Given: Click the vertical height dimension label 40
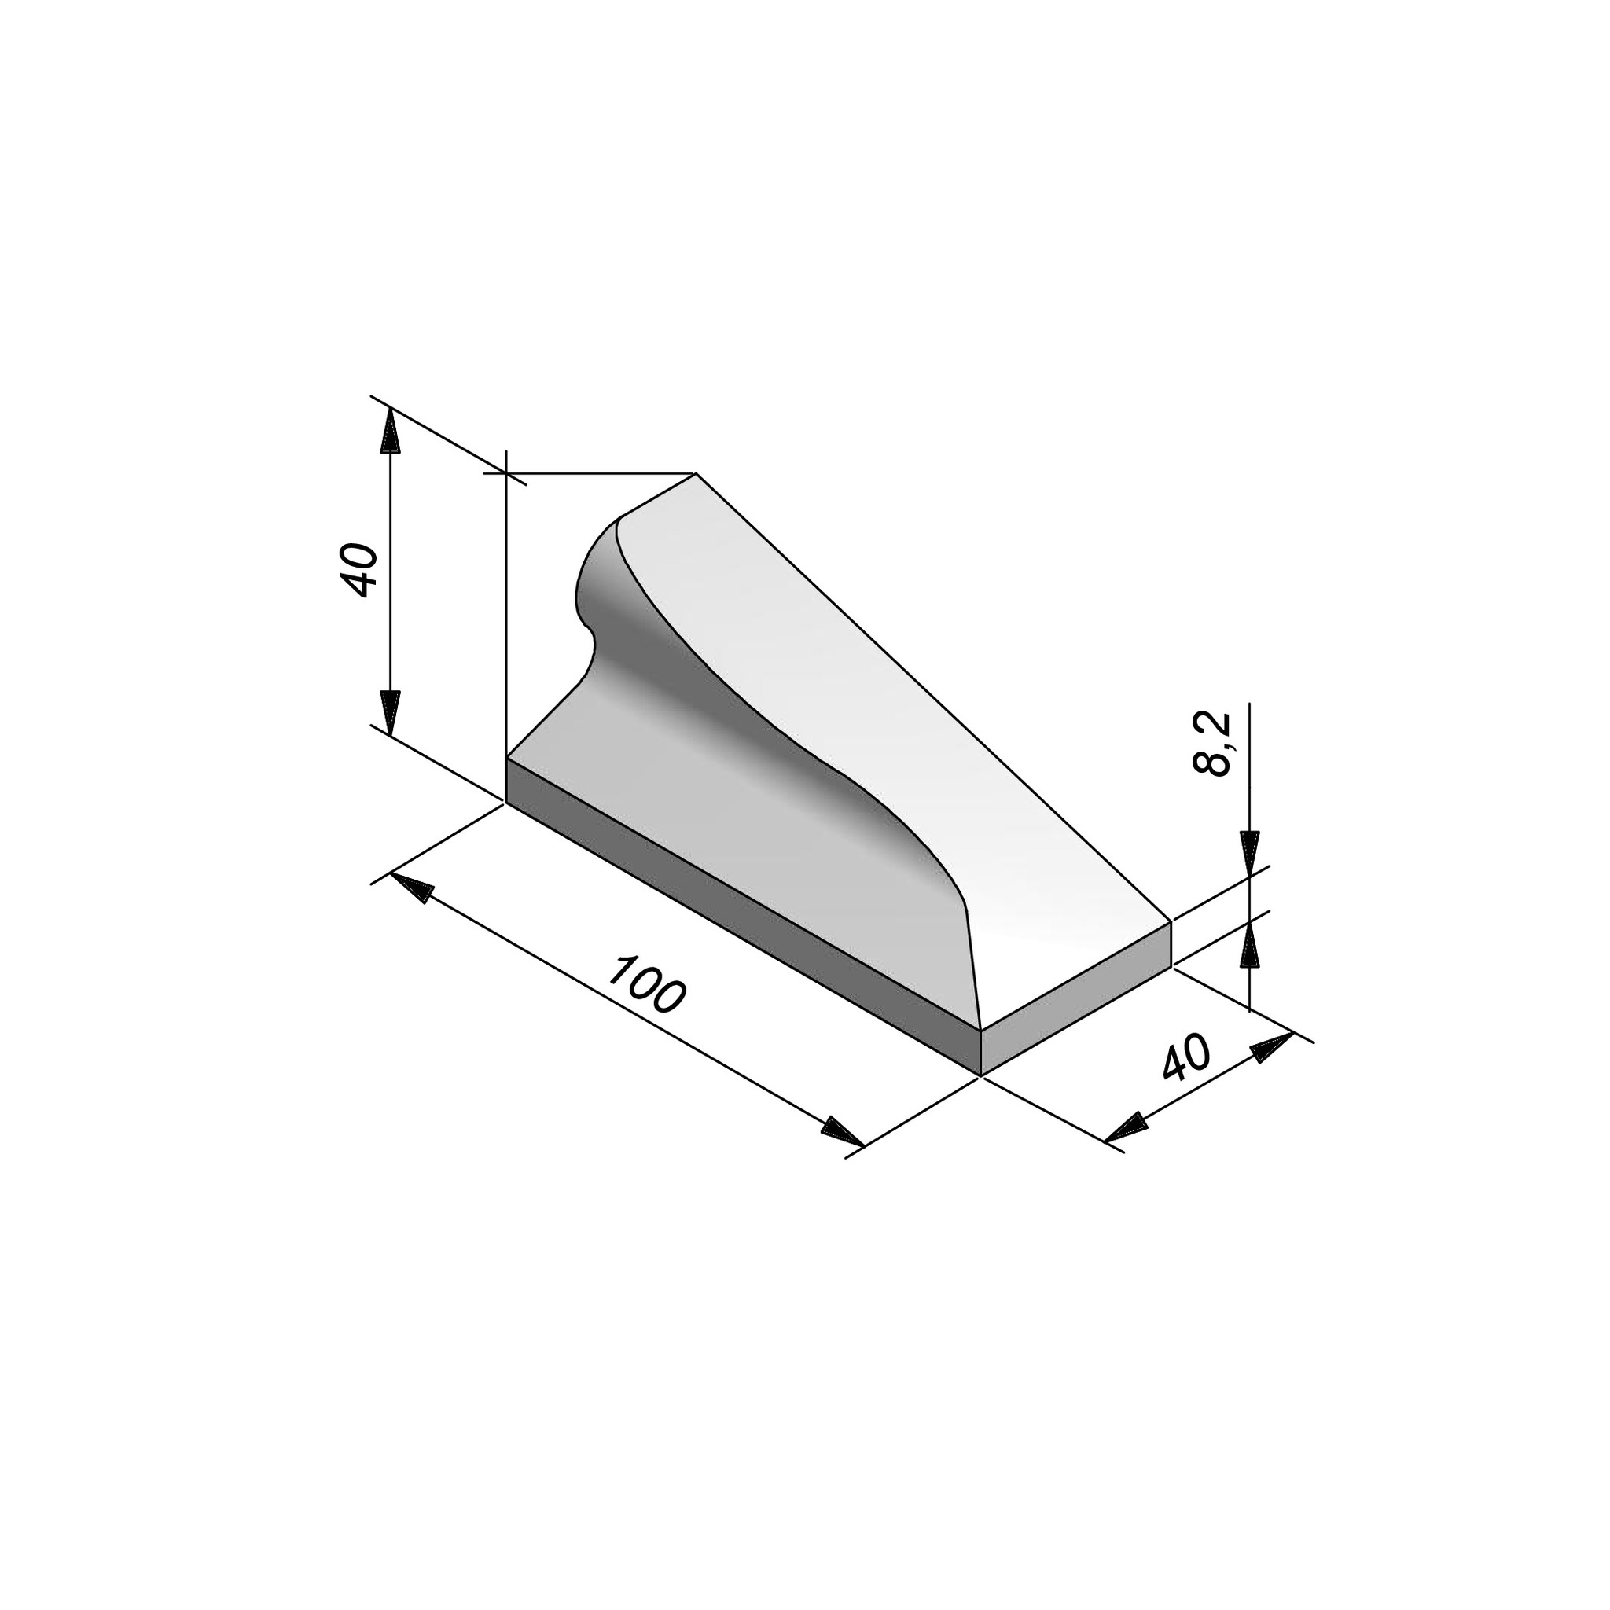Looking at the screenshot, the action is [x=361, y=570].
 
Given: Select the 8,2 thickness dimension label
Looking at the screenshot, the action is [x=1212, y=744].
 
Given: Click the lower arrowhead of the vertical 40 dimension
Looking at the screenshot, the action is [x=390, y=716].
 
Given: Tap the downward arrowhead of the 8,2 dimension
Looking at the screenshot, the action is [x=1250, y=853].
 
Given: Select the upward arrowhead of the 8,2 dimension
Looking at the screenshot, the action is [x=1250, y=943].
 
